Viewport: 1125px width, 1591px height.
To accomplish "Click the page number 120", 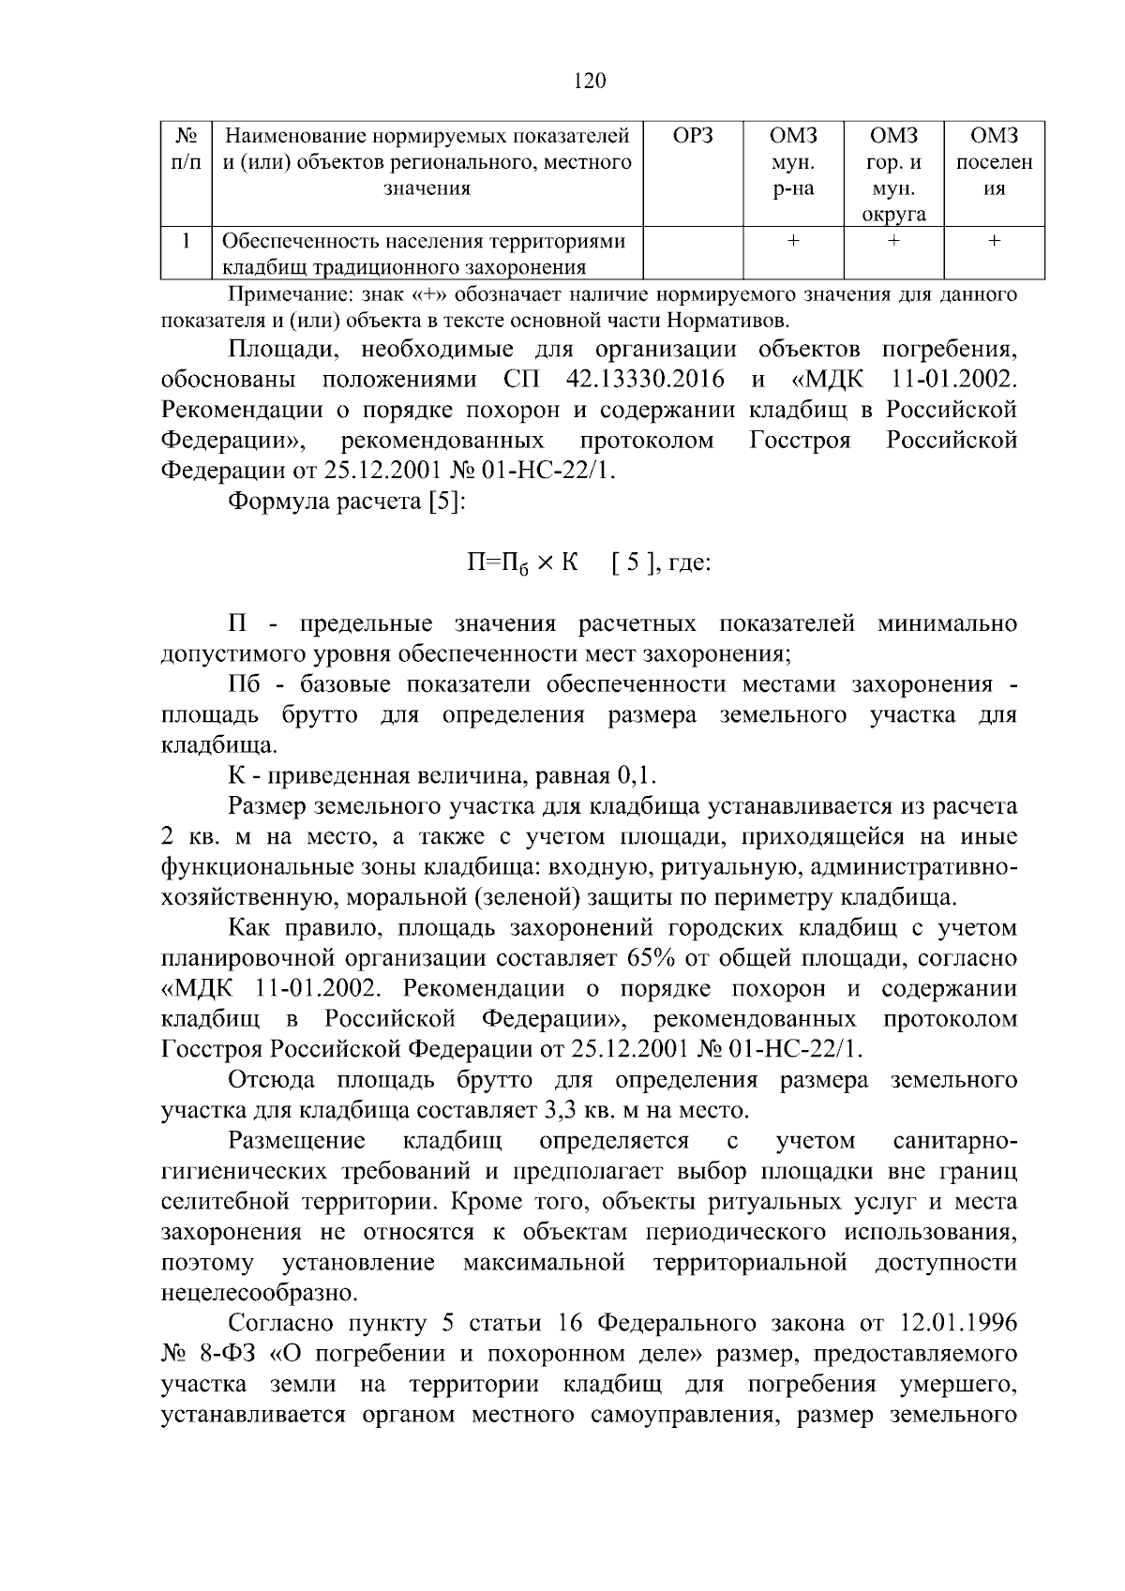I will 590,81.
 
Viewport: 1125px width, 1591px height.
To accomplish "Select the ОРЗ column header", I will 693,136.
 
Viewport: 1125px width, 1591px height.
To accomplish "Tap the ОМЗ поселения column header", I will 994,161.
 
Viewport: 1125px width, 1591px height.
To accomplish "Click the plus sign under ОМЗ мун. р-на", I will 793,242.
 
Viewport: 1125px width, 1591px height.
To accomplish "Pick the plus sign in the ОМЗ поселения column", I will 994,242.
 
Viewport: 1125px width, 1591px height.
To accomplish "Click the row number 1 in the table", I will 187,242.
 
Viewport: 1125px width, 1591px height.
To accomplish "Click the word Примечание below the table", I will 286,296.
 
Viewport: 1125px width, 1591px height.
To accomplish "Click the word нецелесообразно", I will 260,1294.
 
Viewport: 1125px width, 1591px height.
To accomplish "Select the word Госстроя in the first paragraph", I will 800,441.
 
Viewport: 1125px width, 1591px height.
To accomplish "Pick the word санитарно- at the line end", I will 955,1141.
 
